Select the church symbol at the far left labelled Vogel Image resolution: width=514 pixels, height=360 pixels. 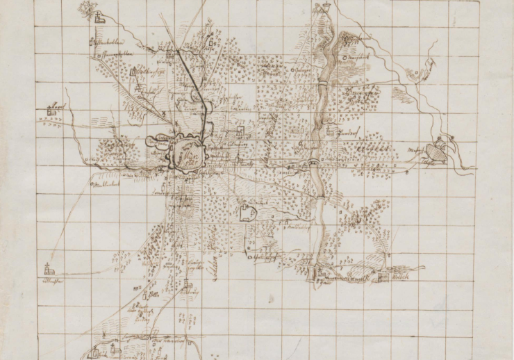click(x=51, y=109)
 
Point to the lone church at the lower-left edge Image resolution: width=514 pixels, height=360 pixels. click(x=48, y=269)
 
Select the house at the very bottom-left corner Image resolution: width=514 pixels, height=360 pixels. click(x=94, y=353)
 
